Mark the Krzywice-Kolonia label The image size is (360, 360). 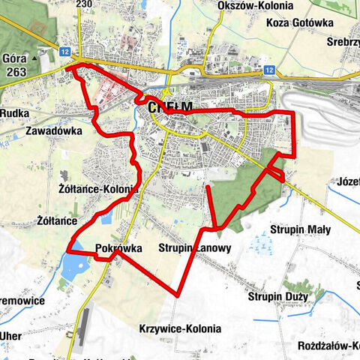pos(180,328)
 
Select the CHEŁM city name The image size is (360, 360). pos(170,107)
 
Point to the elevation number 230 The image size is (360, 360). pos(84,4)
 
